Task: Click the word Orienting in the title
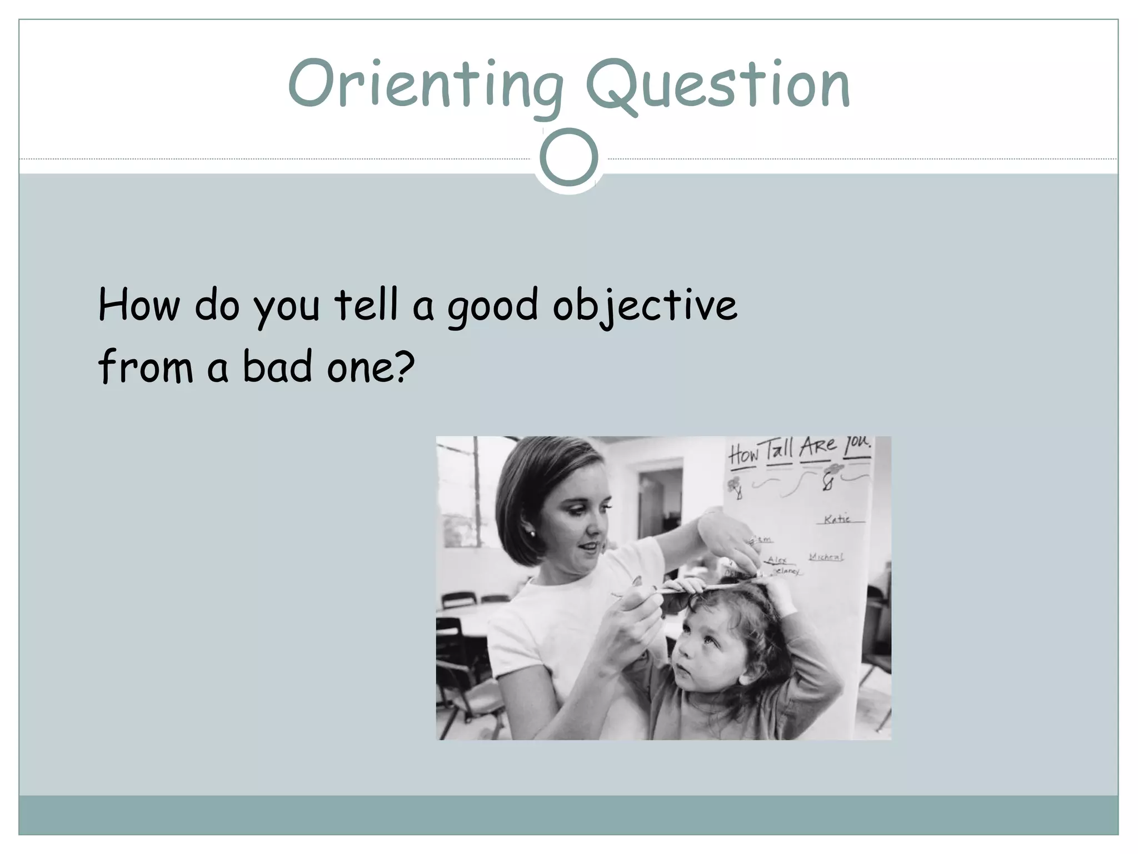[425, 85]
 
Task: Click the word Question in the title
[717, 85]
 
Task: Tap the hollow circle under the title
[568, 157]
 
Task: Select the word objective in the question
[645, 305]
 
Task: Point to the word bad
[277, 366]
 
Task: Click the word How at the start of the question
[139, 305]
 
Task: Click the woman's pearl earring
[531, 534]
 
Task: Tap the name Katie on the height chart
[837, 519]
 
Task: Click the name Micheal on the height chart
[826, 557]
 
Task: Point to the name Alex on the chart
[777, 560]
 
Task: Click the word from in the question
[146, 366]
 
